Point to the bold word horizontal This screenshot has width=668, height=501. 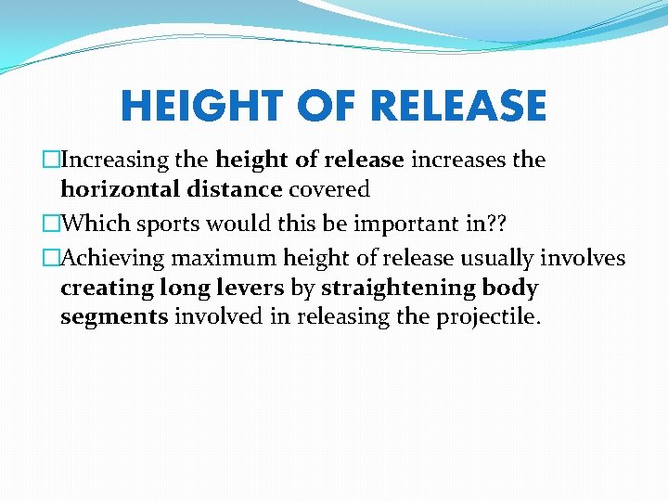[x=113, y=190]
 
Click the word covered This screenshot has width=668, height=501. [x=329, y=190]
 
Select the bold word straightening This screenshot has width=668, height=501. [x=399, y=288]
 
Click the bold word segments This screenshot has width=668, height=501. [x=113, y=317]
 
